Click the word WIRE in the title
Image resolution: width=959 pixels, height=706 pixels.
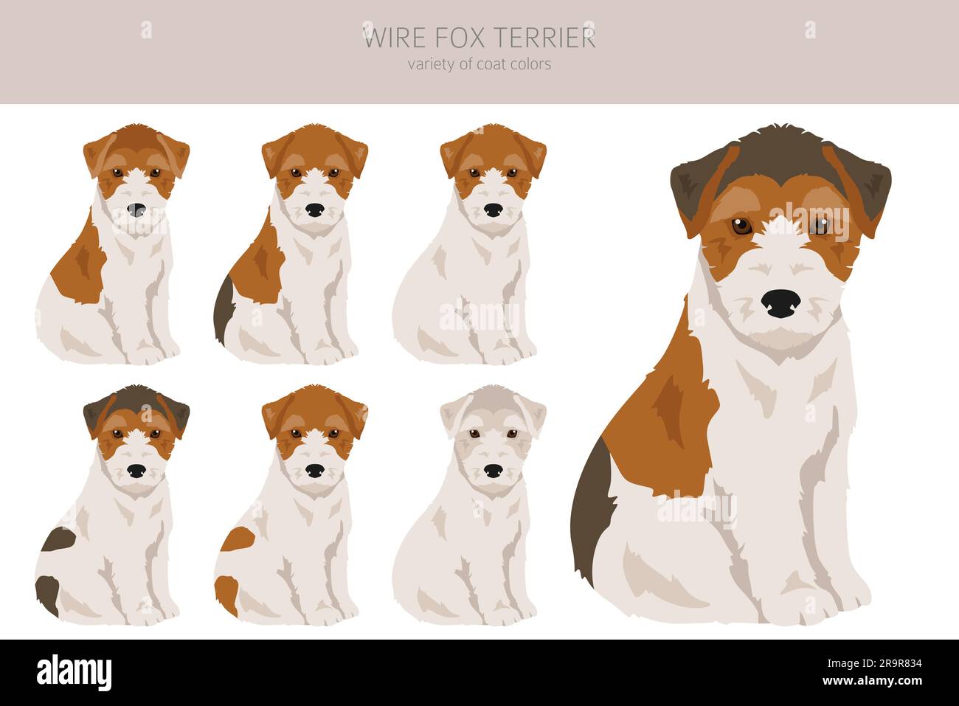389,38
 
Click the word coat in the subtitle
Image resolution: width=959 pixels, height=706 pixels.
492,64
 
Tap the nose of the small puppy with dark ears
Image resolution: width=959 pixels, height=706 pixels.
136,471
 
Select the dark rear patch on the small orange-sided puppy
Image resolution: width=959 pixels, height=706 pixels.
224,310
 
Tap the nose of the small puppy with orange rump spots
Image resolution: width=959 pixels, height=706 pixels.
315,471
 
